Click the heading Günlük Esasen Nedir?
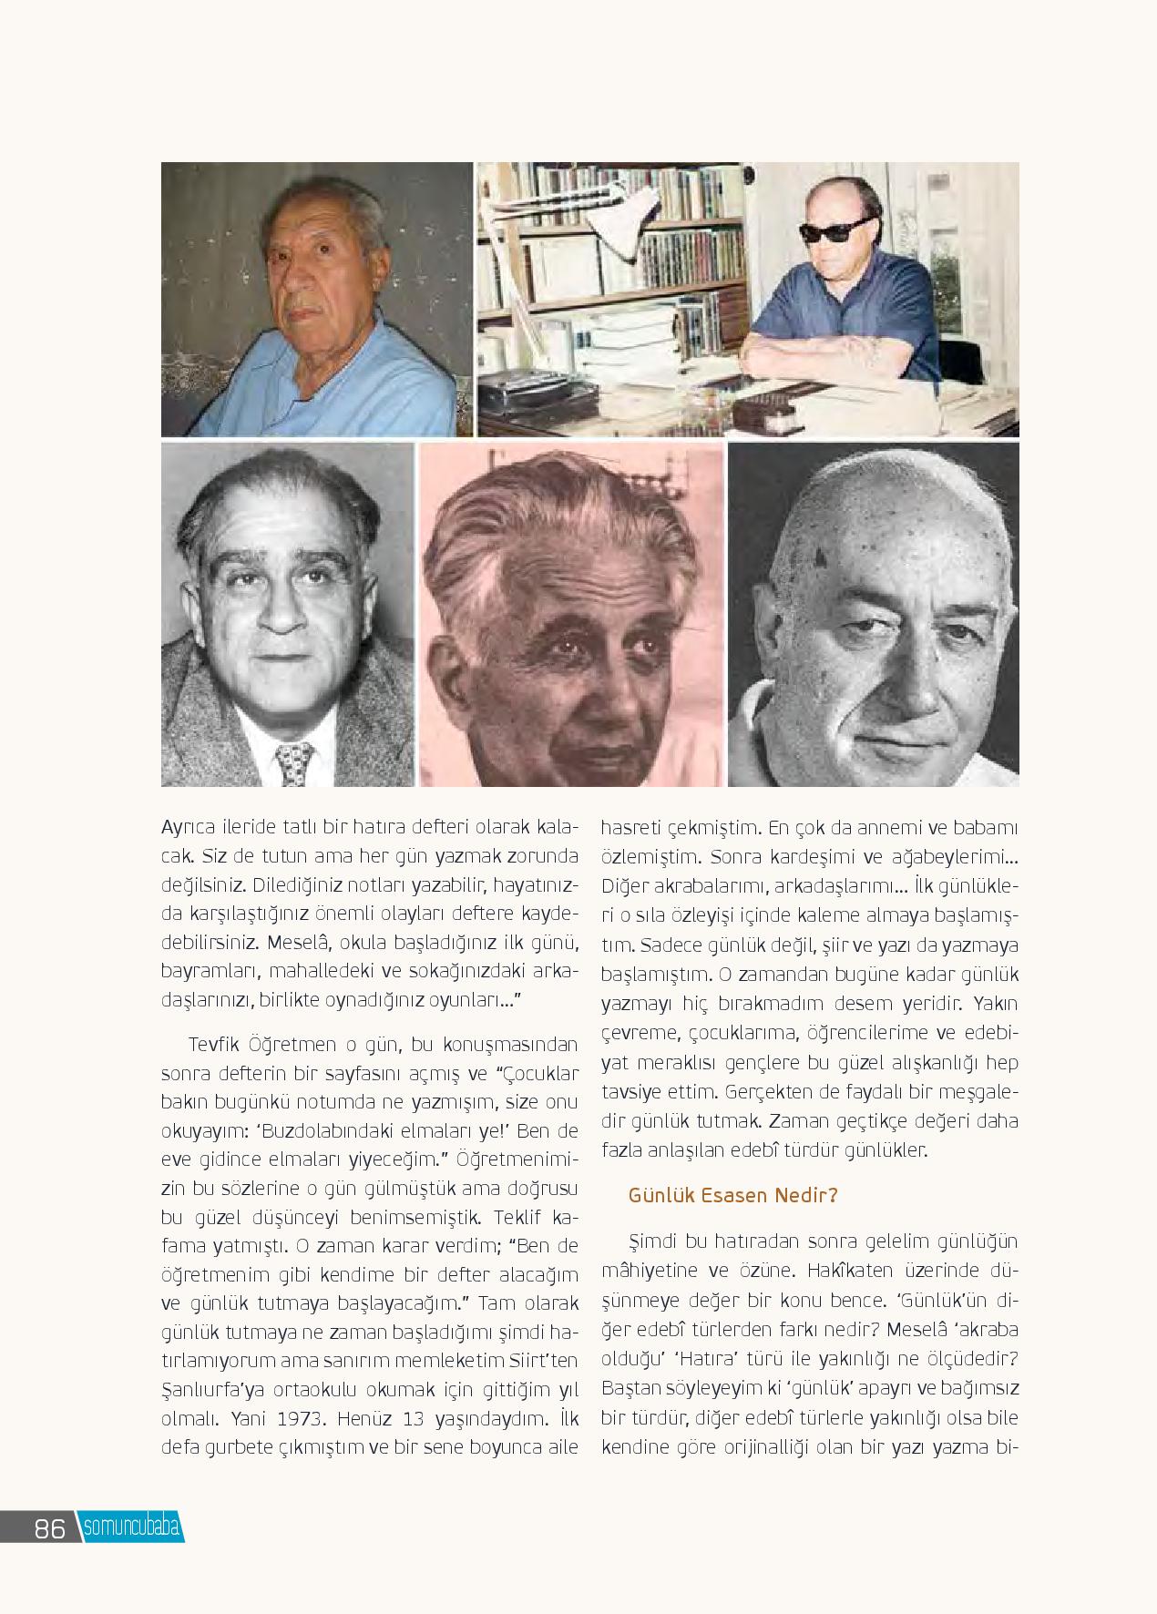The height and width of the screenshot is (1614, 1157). coord(732,1195)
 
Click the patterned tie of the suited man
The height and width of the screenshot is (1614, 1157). coord(294,763)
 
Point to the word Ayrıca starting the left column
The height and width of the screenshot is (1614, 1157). coord(186,828)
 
